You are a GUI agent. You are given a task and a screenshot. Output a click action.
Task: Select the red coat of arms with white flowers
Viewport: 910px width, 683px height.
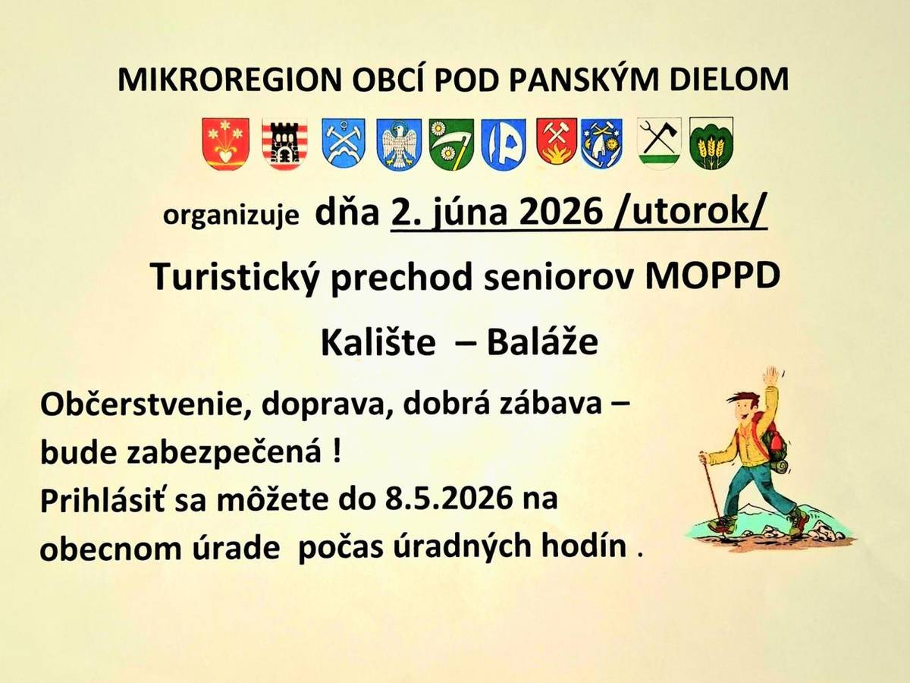226,143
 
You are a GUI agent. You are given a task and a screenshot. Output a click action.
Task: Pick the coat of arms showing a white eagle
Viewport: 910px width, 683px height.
399,144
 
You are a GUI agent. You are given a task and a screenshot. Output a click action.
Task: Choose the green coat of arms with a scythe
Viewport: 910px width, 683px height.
450,144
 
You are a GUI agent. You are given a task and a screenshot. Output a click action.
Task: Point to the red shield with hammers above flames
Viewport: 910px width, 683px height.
557,142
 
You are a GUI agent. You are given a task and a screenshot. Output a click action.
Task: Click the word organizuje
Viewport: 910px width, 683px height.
232,217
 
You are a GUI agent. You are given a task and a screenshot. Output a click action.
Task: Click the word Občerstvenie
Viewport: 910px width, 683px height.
129,406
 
